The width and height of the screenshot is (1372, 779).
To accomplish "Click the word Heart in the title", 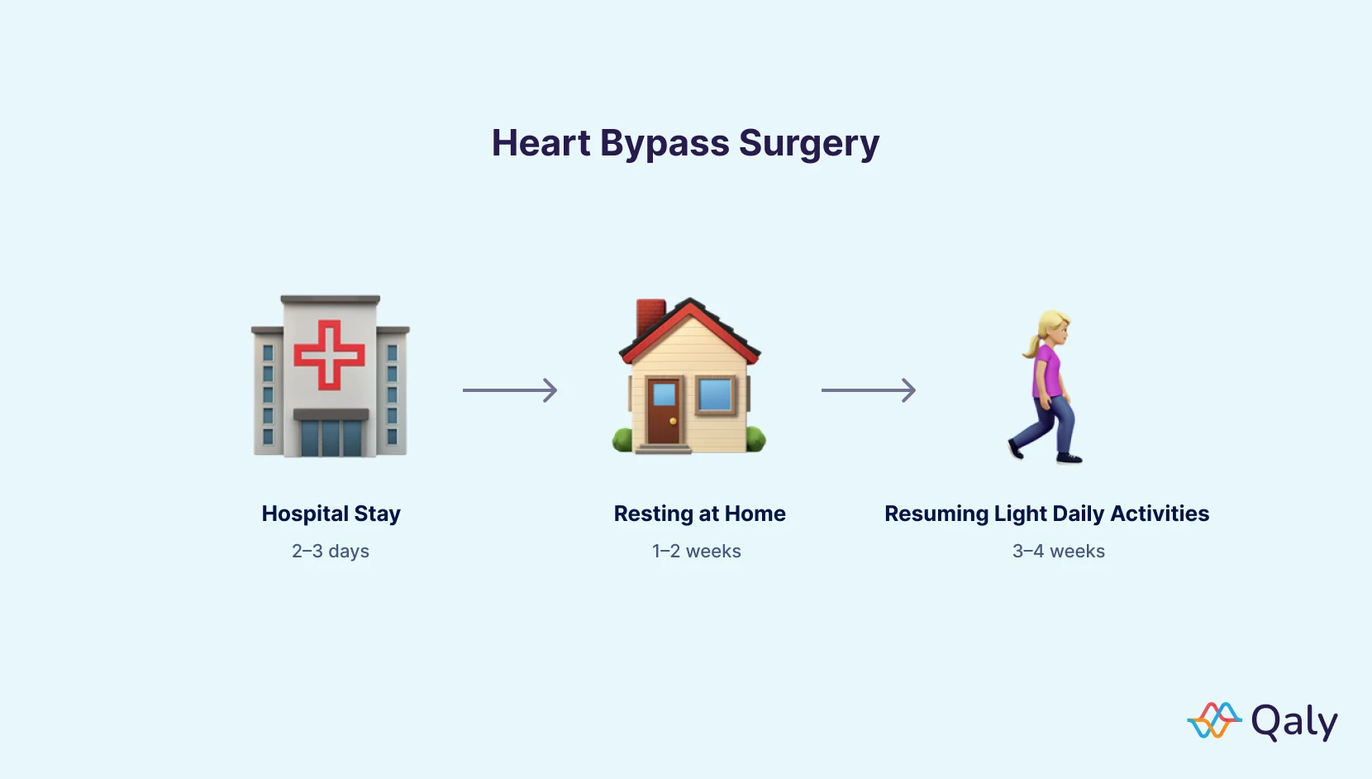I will [541, 143].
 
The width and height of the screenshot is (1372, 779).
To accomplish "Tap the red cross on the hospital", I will [329, 355].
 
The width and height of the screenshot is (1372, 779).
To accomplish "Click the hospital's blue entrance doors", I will [331, 437].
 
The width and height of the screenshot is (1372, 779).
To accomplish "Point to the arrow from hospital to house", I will [510, 390].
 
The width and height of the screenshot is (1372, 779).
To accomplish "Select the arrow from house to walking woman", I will [869, 390].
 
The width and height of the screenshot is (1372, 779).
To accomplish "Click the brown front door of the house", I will [663, 411].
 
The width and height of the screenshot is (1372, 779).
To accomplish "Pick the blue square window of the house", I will [715, 394].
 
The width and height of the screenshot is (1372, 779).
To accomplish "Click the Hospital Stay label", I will [331, 514].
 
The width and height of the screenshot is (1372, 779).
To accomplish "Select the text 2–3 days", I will [331, 551].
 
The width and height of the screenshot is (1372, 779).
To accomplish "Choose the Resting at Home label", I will [699, 514].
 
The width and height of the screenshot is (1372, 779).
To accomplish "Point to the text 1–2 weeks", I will [696, 551].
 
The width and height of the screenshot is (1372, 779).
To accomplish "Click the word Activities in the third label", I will [1160, 514].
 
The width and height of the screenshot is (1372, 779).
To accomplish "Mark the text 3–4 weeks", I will [1058, 551].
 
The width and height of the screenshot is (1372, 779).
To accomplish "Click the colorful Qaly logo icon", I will [1214, 720].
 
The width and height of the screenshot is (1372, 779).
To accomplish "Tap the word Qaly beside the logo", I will [1293, 722].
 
